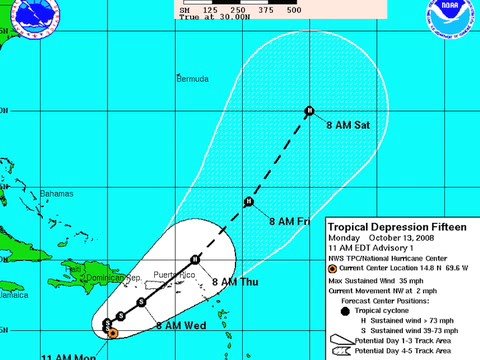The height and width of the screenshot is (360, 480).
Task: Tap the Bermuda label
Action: click(x=192, y=78)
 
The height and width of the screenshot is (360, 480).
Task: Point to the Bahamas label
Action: click(x=57, y=193)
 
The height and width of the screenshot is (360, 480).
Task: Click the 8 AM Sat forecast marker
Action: click(x=310, y=110)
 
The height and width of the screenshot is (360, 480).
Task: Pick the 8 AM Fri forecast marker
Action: click(x=247, y=203)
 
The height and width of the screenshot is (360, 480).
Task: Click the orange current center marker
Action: click(x=112, y=332)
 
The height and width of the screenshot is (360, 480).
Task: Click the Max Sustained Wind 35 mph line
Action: click(x=384, y=282)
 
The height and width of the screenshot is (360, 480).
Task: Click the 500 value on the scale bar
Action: click(x=266, y=9)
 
